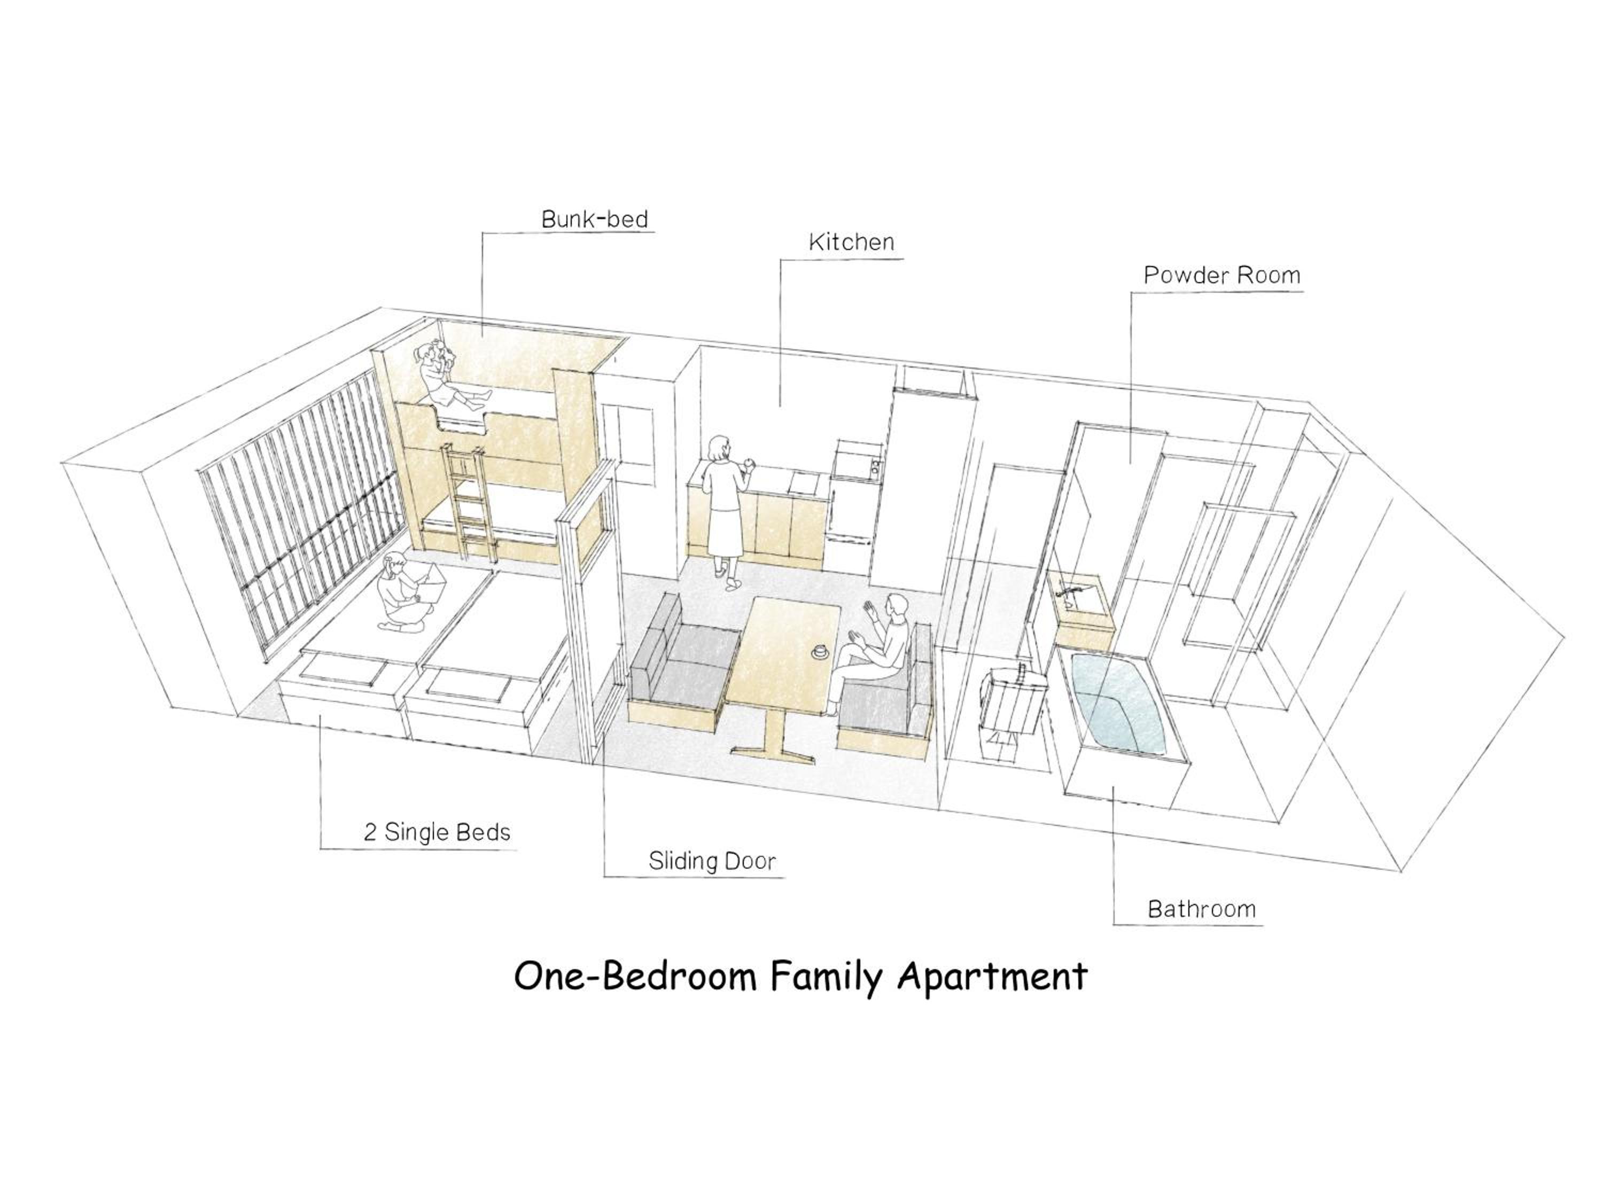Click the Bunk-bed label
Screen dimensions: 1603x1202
(x=594, y=219)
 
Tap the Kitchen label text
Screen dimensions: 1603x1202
(x=852, y=242)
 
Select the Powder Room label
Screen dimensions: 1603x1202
(x=1222, y=275)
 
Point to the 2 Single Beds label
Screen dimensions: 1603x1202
(x=437, y=832)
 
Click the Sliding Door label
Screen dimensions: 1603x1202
(x=712, y=861)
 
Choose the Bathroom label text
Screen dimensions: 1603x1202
(x=1202, y=909)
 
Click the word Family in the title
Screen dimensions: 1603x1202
(x=826, y=977)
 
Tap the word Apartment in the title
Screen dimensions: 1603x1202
(x=993, y=977)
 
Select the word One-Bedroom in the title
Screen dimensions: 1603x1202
(x=635, y=977)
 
